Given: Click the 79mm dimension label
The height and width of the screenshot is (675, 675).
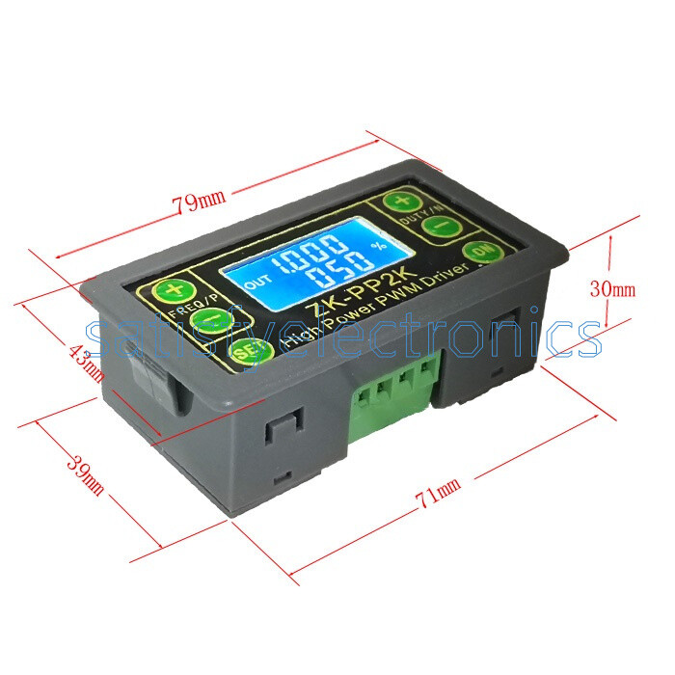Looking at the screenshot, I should [198, 202].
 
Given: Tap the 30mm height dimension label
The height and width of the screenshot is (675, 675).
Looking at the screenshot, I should [612, 288].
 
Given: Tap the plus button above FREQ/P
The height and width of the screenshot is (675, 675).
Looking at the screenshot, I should [172, 291].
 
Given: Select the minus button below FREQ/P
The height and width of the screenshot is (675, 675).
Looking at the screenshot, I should [205, 320].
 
